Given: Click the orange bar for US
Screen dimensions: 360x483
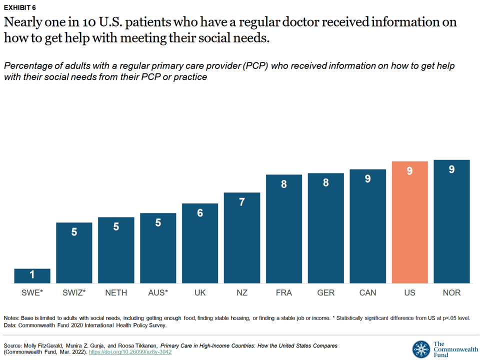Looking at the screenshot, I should point(409,222).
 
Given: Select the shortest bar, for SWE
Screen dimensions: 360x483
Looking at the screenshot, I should point(32,276).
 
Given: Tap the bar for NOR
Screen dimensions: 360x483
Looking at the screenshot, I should point(451,221).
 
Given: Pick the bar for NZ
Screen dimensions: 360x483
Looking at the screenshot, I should point(242,238).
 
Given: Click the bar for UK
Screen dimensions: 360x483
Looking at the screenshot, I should point(200,243).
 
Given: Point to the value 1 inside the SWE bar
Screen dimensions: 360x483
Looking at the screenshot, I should point(32,274).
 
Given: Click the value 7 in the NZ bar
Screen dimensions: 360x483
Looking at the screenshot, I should point(242,202).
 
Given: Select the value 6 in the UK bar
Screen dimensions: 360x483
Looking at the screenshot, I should point(200,213).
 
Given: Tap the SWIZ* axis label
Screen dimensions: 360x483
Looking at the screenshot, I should point(74,292).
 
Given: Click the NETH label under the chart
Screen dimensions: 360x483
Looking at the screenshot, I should point(116,292).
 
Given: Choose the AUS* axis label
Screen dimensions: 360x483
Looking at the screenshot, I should point(158,292).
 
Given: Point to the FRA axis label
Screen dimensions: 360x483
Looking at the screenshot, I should point(284,292).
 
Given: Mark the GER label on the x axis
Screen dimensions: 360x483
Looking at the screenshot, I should point(326,292).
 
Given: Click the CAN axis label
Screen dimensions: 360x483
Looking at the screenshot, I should point(368,292).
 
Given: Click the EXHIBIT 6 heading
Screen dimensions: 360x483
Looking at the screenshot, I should point(19,7).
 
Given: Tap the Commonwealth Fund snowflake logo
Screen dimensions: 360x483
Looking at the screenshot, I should point(420,349).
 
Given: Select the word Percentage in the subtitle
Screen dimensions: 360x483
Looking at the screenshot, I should point(29,66).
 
